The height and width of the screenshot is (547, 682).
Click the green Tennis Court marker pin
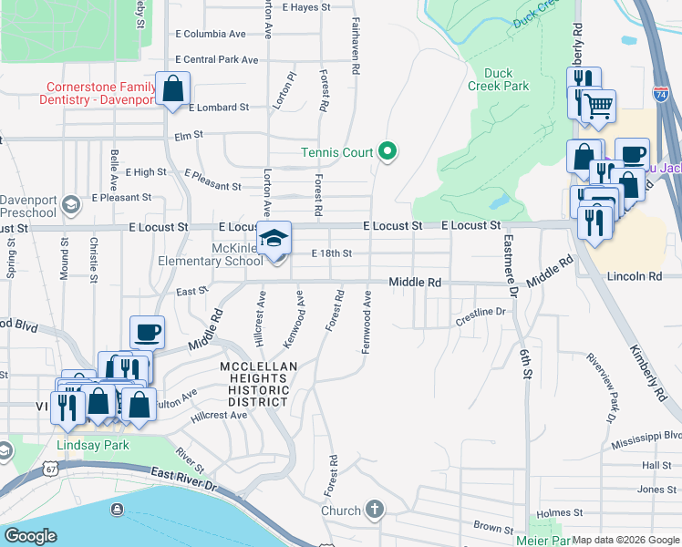point(387,151)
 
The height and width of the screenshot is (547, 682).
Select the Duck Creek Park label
point(506,79)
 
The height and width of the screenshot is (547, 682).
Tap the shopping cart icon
point(598,106)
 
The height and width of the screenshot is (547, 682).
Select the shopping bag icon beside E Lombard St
point(172,89)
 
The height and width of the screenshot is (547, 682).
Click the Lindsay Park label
point(92,446)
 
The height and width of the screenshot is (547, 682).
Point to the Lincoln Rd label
point(634,275)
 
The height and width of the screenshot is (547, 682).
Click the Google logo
point(30,536)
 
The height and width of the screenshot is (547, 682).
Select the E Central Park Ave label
point(216,59)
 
